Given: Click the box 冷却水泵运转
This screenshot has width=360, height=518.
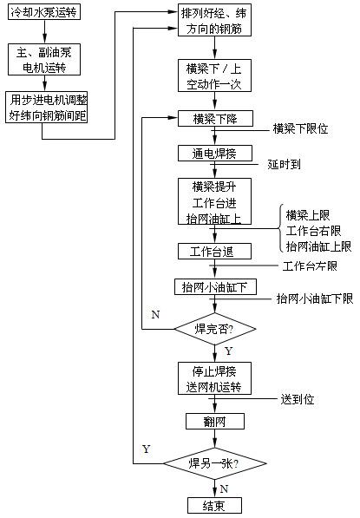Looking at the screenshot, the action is tap(44, 12).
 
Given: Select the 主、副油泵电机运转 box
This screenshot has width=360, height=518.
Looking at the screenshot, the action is tap(44, 60).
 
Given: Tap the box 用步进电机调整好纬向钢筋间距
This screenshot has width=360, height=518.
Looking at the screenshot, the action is tap(47, 108).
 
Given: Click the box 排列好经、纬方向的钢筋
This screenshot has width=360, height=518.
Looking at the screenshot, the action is tap(214, 20).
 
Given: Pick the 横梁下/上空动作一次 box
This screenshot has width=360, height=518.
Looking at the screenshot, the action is tap(214, 75).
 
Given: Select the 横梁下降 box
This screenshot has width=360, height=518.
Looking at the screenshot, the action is tap(215, 119).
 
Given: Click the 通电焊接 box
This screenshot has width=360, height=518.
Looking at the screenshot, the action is tap(215, 154).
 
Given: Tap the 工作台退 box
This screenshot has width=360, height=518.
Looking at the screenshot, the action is tap(214, 252).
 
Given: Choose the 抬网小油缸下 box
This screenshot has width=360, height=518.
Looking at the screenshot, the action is tap(215, 286).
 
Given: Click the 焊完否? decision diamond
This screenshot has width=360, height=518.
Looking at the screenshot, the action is tap(215, 329).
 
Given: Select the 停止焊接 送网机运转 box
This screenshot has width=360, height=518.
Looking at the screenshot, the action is tap(214, 378).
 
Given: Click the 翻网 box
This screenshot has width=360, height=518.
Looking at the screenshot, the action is tap(215, 421).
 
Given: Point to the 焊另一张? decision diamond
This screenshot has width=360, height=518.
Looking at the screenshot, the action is tap(215, 463).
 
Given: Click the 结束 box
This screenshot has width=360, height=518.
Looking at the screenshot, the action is tap(214, 506).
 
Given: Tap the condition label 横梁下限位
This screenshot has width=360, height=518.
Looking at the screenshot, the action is tap(300, 128).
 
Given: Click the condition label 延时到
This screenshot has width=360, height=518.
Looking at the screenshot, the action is tap(284, 164).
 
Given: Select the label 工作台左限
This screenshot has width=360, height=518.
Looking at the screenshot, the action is tap(310, 266).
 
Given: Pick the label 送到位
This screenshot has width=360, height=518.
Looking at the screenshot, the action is tap(298, 399).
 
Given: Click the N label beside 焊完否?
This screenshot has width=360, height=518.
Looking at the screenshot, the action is tap(155, 314).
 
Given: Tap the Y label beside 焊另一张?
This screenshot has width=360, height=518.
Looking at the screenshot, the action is tap(147, 449).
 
